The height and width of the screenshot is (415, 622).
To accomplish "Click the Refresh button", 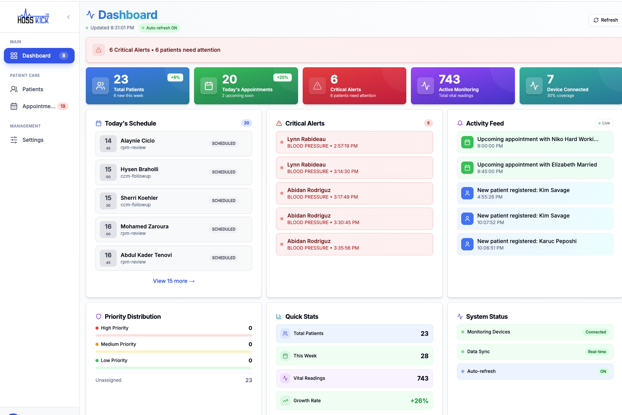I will (x=605, y=20).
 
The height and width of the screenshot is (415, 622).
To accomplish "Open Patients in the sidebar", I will (x=32, y=89).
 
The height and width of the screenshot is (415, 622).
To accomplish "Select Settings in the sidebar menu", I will (x=32, y=140).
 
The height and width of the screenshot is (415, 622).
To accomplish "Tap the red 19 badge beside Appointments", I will (x=63, y=106).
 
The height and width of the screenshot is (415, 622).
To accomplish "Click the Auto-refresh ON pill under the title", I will (x=159, y=28).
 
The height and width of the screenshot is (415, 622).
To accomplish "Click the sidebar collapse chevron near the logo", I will (x=68, y=17).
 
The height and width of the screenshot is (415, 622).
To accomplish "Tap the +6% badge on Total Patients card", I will (x=175, y=77).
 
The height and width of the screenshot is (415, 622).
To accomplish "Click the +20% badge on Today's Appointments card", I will (x=282, y=77).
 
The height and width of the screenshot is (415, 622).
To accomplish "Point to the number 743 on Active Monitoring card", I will (x=449, y=79).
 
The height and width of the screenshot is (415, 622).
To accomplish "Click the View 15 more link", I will (x=174, y=281).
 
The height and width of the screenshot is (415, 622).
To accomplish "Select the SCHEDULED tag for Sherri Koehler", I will (x=223, y=201).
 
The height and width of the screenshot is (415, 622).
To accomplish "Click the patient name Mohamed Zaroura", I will (x=144, y=226).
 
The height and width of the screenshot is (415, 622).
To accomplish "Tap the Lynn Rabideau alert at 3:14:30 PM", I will (x=354, y=168).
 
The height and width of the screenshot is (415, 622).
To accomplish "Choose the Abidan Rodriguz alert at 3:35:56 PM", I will (x=354, y=244).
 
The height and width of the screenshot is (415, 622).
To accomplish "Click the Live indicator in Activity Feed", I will (x=604, y=123).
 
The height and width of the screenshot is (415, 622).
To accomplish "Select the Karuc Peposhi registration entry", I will (x=535, y=244).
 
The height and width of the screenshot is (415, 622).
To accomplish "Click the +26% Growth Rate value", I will (x=419, y=401).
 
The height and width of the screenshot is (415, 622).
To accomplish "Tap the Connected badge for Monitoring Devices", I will (x=595, y=332).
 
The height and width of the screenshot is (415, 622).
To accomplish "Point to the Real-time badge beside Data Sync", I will (x=597, y=352).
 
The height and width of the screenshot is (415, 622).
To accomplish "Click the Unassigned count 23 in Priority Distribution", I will (x=249, y=380).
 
